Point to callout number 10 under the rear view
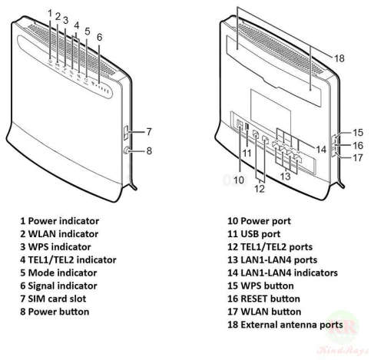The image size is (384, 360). (x=238, y=180)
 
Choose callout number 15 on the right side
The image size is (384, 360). (x=358, y=132)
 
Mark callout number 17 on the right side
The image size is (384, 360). (x=358, y=159)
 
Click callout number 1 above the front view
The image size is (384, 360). (x=51, y=13)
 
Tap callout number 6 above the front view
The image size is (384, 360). (x=99, y=37)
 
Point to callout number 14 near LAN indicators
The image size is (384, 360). (x=321, y=148)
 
